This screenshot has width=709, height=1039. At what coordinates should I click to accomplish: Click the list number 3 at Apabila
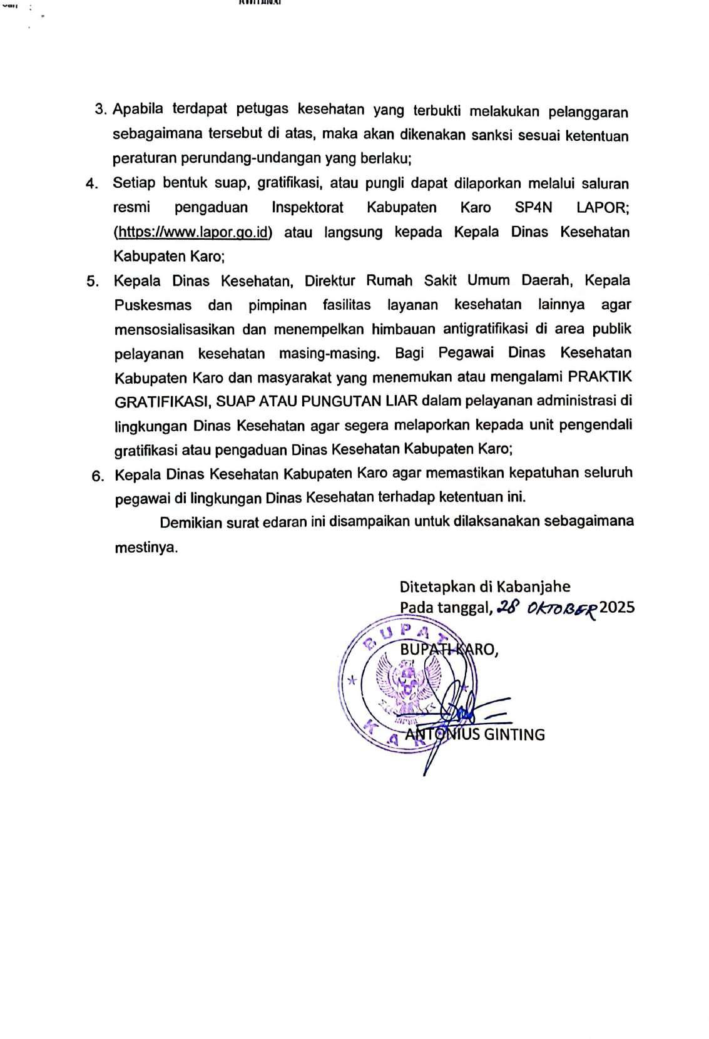coord(100,110)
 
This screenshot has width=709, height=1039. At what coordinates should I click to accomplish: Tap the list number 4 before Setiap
coord(92,184)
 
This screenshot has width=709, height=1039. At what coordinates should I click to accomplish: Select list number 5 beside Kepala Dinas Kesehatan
coord(93,282)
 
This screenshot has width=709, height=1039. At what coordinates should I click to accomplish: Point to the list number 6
coord(97,476)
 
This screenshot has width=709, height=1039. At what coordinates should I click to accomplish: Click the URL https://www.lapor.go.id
coord(193,232)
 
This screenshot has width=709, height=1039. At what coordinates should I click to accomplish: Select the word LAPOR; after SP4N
coord(602,207)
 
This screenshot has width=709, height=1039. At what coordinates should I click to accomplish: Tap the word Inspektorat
coord(307,207)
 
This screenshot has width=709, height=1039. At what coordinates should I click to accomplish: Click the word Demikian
coord(191,523)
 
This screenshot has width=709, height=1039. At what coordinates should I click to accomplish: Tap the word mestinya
coord(146,547)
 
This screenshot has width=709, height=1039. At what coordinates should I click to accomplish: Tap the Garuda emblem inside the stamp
coord(407,687)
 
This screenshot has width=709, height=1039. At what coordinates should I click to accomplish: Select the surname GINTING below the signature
coord(514,734)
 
